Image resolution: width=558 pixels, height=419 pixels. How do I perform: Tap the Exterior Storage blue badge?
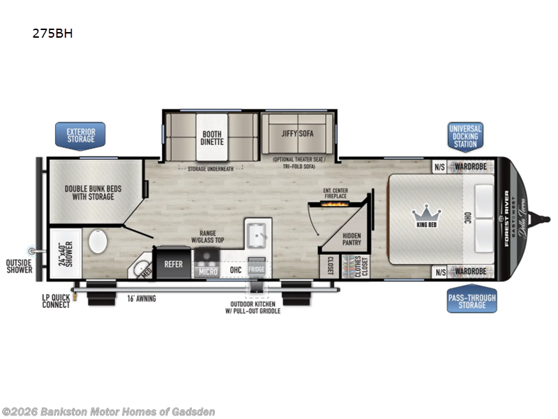[x=80, y=135]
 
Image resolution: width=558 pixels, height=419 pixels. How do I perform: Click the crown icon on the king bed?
[x=423, y=211]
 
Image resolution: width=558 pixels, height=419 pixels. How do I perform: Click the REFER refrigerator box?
[x=173, y=264]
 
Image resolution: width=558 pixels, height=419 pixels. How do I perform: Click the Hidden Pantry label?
[x=352, y=240]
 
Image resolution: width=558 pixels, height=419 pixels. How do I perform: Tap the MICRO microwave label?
[x=207, y=271]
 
